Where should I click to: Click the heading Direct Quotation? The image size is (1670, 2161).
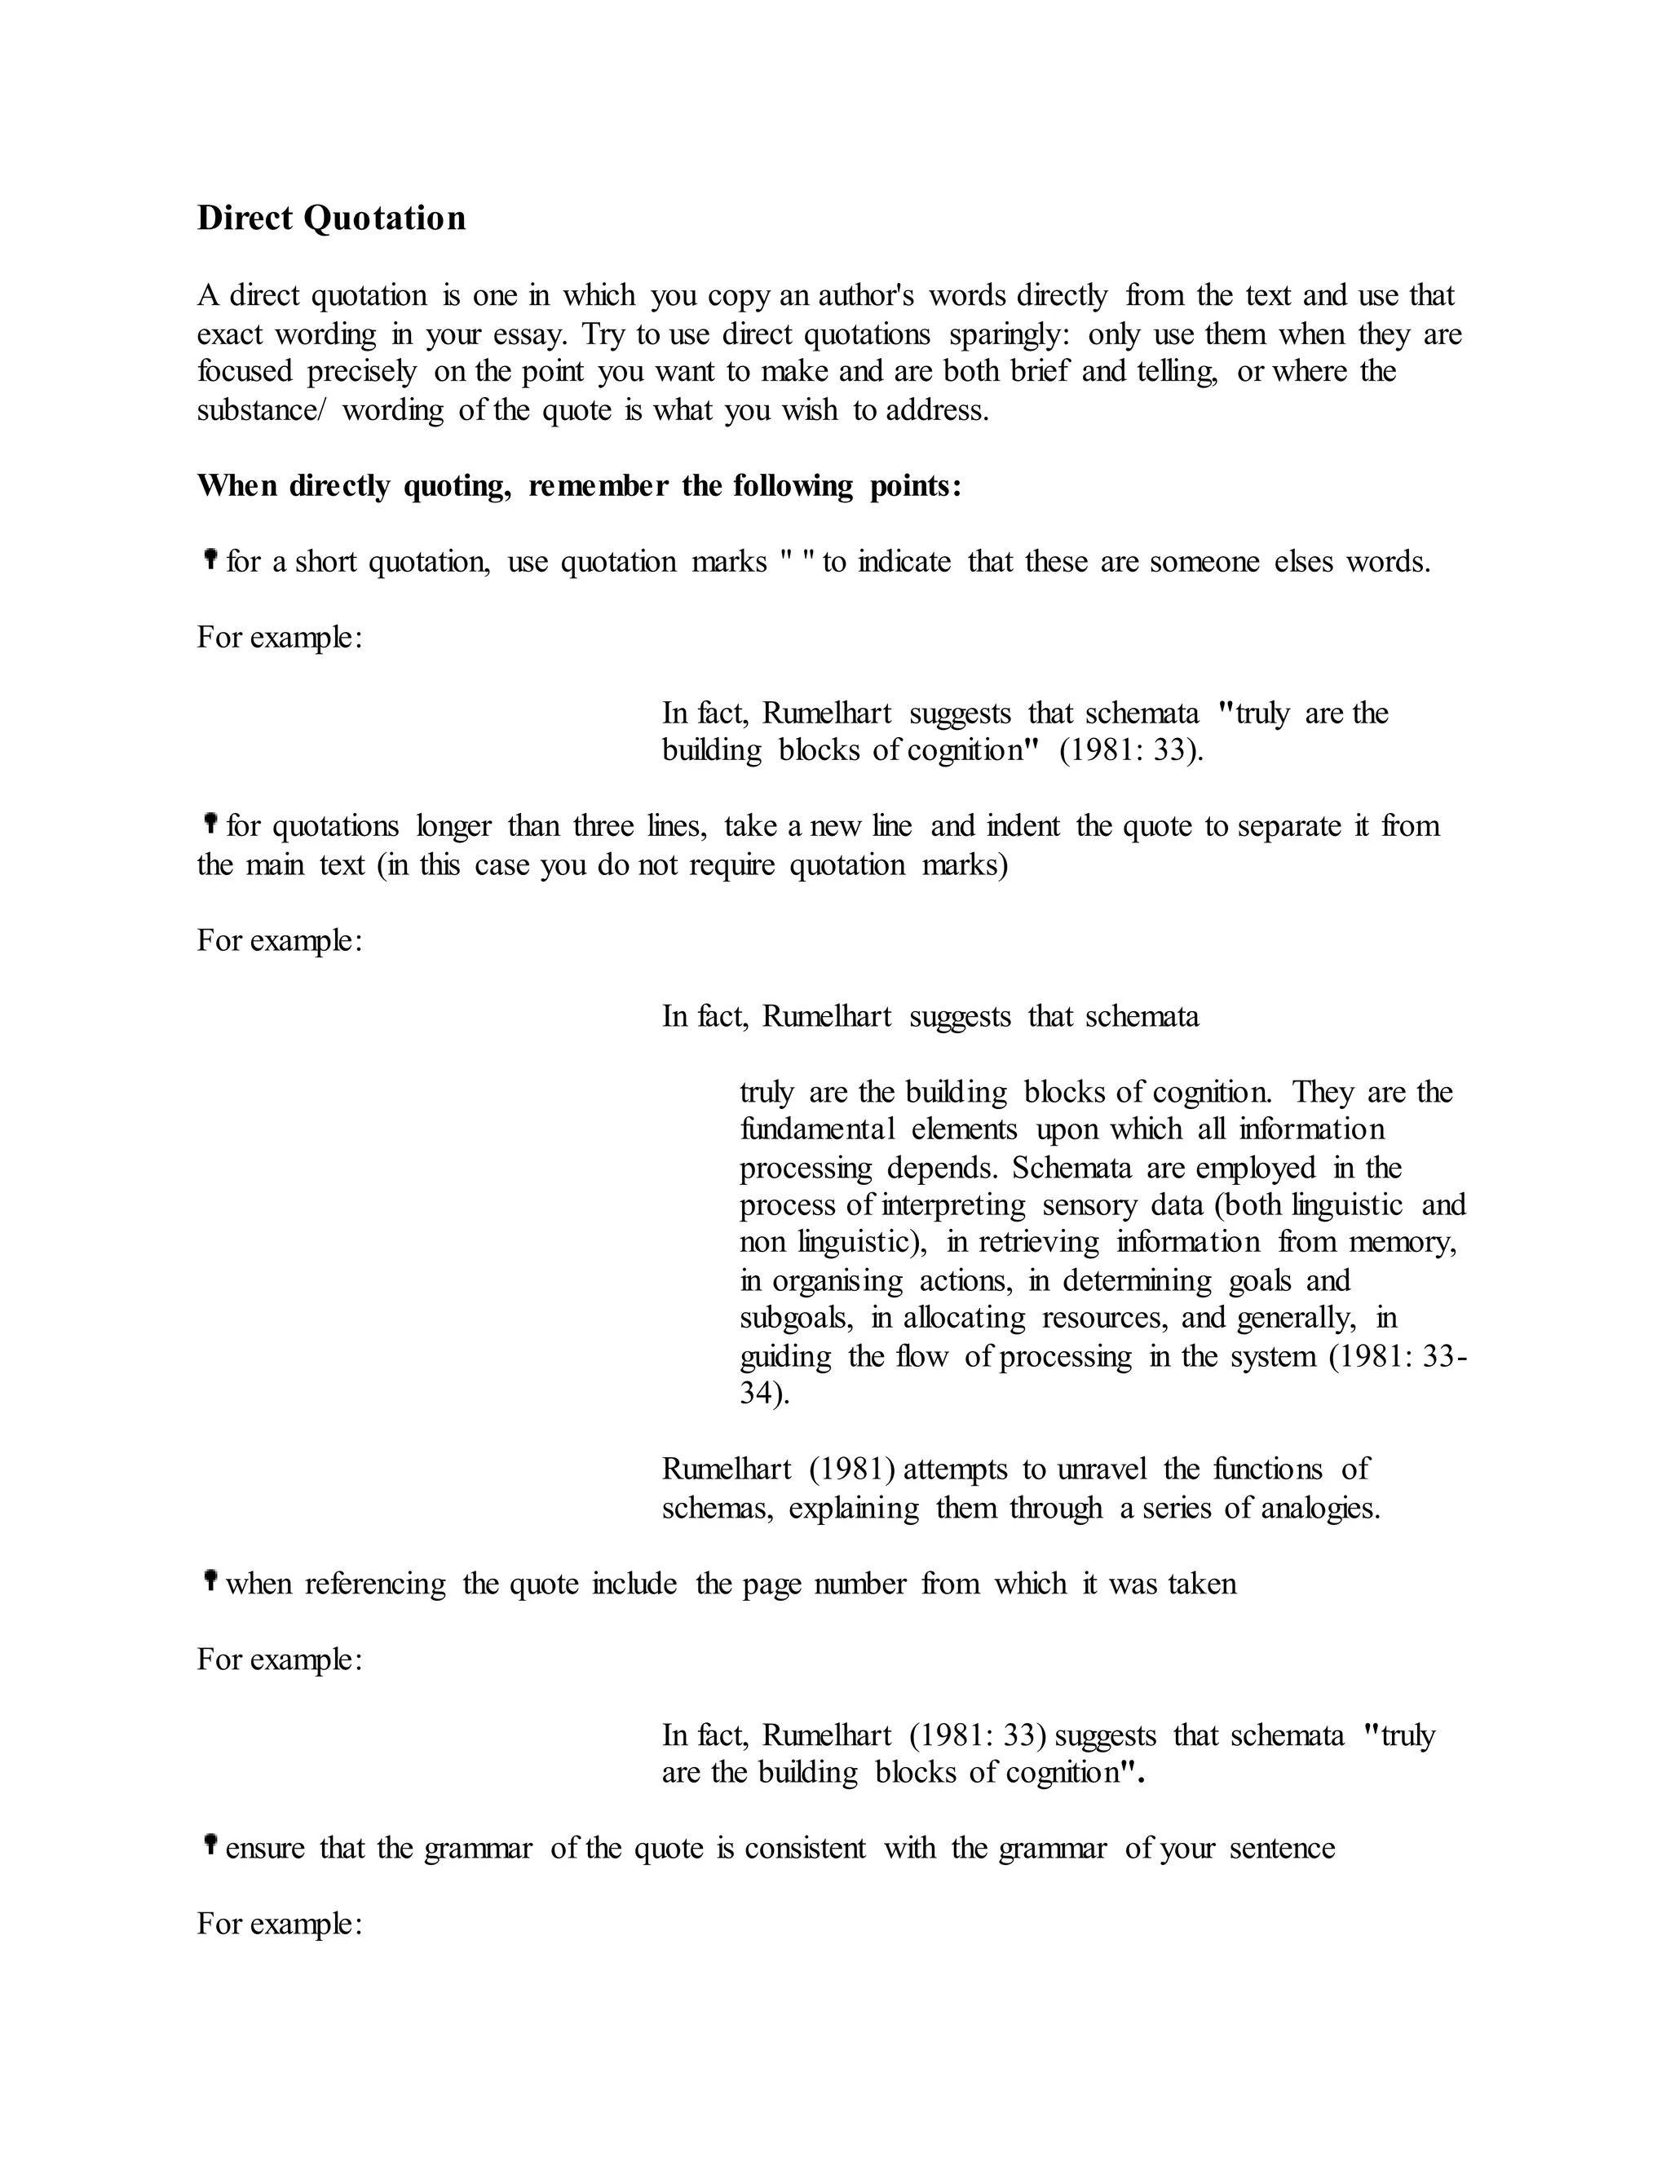point(331,218)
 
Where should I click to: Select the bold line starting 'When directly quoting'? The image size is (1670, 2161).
point(579,486)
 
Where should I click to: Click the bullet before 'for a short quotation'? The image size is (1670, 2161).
point(210,560)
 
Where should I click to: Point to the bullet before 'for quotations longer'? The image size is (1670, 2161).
point(210,824)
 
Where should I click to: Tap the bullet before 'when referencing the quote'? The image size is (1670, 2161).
point(210,1581)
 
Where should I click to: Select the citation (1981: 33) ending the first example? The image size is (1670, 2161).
point(1131,751)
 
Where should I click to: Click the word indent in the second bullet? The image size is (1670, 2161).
point(1023,826)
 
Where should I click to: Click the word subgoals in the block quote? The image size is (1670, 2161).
point(795,1318)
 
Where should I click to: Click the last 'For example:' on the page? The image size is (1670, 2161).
point(280,1924)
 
